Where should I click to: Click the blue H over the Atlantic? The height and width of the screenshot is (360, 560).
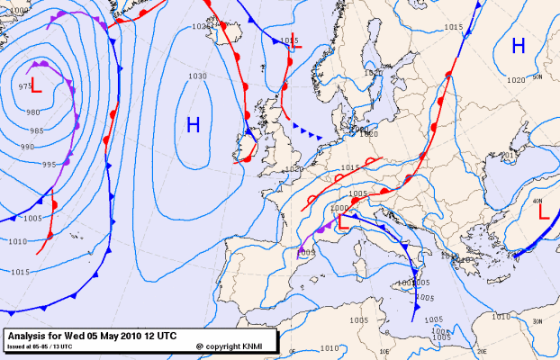click(x=193, y=125)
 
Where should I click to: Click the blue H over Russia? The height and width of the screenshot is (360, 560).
click(x=519, y=46)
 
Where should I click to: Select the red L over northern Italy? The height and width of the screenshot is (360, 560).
click(x=342, y=222)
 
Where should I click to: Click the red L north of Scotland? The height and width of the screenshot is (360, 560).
click(x=296, y=40)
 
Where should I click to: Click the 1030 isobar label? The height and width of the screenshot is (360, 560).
click(x=197, y=76)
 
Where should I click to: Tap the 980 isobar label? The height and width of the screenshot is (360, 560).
click(x=33, y=112)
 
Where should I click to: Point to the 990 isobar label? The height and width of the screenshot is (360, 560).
click(x=28, y=146)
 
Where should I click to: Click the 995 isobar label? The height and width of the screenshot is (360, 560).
click(x=49, y=164)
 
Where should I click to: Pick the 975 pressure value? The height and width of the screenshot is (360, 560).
click(x=25, y=85)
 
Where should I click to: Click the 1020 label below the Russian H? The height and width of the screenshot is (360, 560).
click(x=516, y=80)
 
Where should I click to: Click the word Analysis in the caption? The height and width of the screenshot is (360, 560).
click(x=30, y=336)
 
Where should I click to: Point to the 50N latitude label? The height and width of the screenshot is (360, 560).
click(x=537, y=77)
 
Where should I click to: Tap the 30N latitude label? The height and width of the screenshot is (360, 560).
click(x=537, y=321)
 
